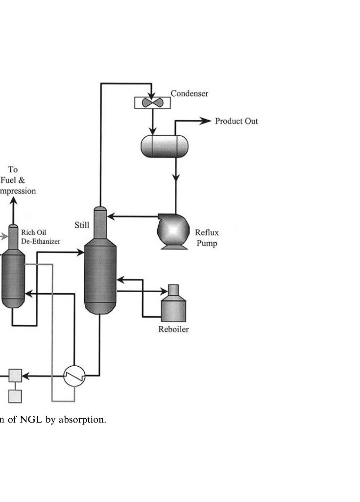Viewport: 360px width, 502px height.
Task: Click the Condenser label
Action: coord(189,93)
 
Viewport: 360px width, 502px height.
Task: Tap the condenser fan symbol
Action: coord(152,103)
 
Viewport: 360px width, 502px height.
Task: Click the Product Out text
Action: coord(237,121)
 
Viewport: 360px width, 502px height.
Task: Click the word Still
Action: coord(82,226)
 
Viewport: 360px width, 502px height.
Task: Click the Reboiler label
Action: coord(173,329)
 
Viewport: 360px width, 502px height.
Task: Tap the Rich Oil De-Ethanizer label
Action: coord(41,238)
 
